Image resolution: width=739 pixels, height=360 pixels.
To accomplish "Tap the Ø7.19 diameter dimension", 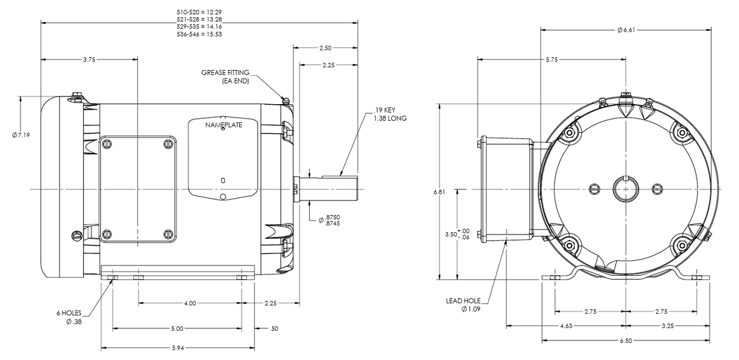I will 21,135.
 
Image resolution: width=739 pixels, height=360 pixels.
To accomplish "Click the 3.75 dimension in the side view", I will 89,59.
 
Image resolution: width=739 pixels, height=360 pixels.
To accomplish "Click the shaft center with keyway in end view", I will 625,189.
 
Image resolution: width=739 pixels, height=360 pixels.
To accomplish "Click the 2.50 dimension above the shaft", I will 325,47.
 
